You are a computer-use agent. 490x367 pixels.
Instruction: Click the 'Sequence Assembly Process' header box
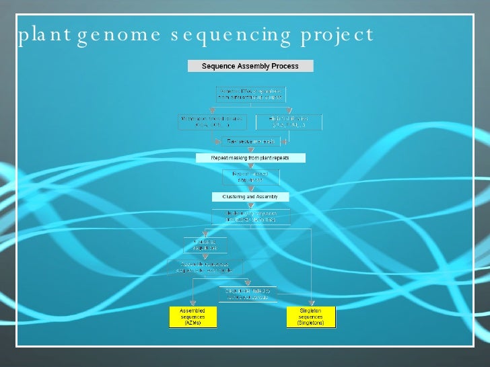coord(250,66)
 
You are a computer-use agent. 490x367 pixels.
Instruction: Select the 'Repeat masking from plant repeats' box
coord(250,158)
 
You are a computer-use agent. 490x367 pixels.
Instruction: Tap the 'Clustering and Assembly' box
coord(250,197)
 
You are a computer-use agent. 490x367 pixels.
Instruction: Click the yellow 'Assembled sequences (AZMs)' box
coord(191,317)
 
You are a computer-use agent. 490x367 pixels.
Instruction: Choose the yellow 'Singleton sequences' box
coord(311,317)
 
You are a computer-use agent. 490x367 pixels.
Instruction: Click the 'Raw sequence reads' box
coord(250,141)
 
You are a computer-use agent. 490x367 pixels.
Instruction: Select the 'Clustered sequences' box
coord(205,245)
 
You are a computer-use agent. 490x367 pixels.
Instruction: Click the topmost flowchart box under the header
coord(250,94)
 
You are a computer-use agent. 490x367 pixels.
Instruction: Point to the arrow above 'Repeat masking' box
coord(250,150)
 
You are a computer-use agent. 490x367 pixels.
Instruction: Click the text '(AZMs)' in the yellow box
coord(191,323)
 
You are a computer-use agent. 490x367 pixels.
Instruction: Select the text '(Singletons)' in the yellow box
coord(311,323)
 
